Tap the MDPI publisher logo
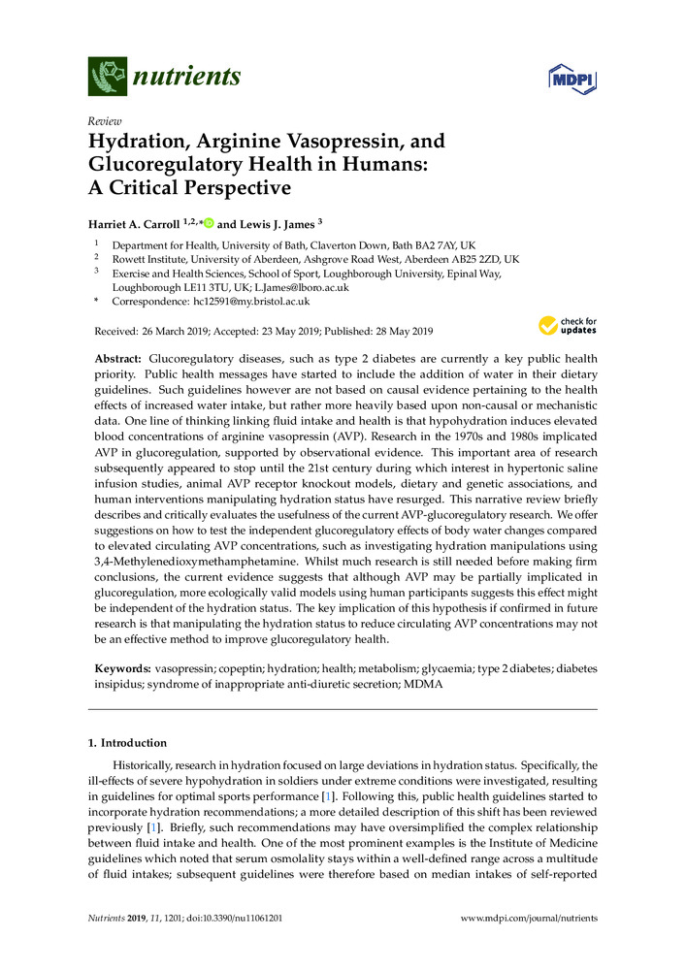[572, 77]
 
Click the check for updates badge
[568, 324]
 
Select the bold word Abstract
[116, 359]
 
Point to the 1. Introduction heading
[127, 743]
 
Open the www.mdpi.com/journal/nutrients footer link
[528, 918]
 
